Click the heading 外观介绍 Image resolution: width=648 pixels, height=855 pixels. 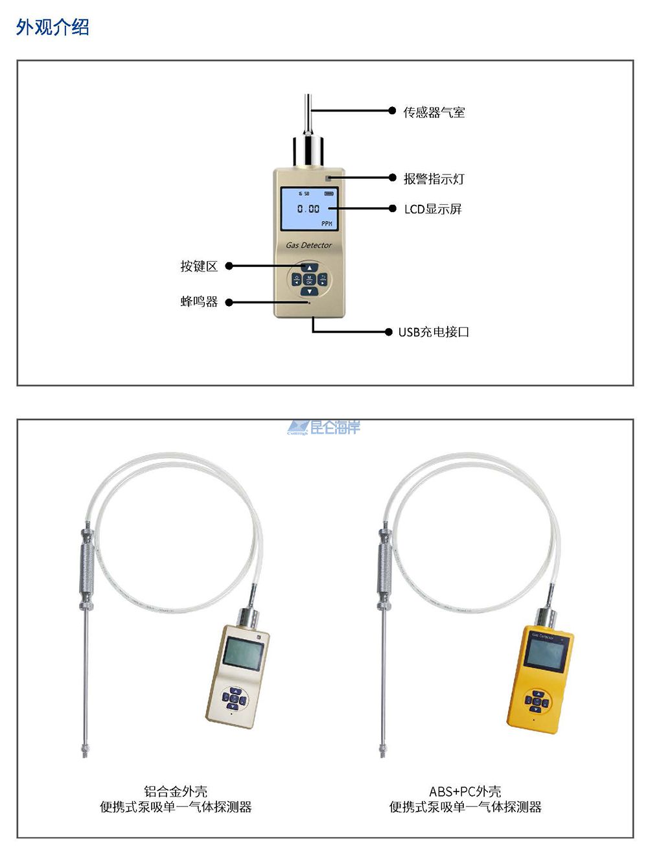(52, 27)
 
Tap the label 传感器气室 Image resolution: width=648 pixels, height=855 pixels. (434, 112)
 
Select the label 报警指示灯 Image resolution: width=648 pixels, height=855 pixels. (434, 178)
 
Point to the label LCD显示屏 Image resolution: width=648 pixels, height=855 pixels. (433, 209)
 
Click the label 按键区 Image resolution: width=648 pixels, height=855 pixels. (199, 266)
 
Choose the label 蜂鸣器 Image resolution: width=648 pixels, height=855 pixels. (199, 301)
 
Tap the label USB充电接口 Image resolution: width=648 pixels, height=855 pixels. (434, 332)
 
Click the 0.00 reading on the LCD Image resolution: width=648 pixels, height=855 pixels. (308, 209)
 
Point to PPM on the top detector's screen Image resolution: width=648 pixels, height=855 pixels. (327, 224)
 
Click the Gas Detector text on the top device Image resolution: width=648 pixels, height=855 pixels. (308, 245)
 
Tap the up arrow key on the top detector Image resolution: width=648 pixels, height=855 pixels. (309, 268)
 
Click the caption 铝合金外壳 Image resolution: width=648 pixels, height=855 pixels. (176, 791)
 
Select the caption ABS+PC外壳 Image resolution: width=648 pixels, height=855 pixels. (465, 791)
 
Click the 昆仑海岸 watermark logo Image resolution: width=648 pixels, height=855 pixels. (324, 427)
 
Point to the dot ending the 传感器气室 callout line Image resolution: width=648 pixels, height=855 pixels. (392, 111)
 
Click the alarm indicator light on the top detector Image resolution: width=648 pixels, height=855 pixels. (329, 178)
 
